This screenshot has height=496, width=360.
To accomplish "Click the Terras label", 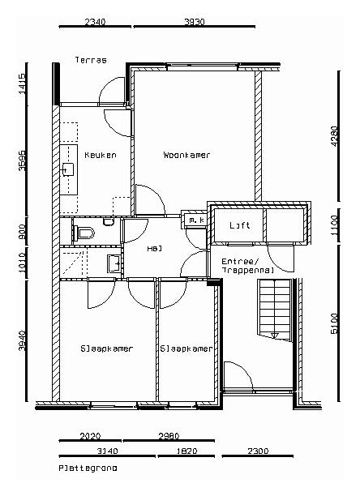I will click(91, 60).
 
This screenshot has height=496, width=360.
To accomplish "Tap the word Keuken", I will click(100, 155).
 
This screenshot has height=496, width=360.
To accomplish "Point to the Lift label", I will click(238, 225).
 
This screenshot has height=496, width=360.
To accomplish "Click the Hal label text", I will click(153, 250).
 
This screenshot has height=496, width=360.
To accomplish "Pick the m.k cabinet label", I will click(195, 220).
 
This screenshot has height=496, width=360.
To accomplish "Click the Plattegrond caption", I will click(88, 468).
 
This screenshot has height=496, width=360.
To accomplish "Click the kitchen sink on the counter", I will click(67, 169).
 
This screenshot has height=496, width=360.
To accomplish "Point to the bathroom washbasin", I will click(113, 263).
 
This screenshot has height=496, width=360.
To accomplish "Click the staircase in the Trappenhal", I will click(273, 308).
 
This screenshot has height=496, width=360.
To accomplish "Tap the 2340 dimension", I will click(95, 22).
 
